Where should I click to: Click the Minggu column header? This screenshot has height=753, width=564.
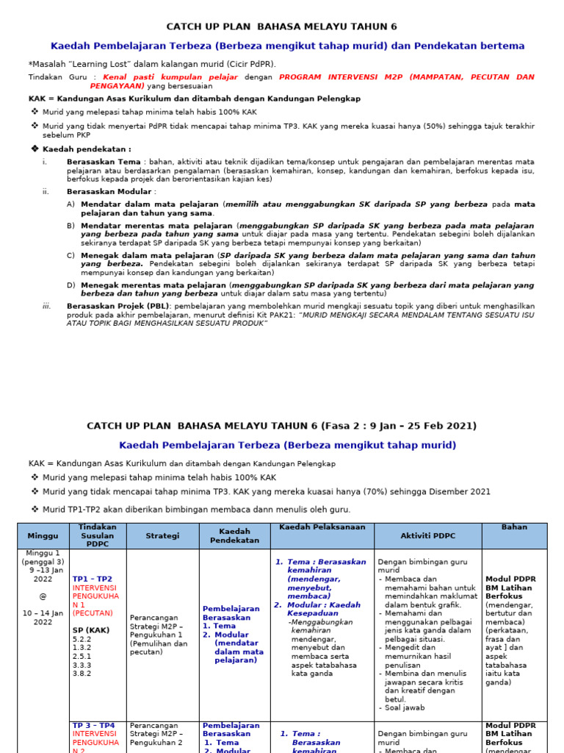coord(42,536)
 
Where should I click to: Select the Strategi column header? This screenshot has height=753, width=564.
coord(162,536)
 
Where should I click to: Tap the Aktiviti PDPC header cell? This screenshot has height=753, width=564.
coord(427,536)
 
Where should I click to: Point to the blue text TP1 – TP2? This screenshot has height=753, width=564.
coord(93,579)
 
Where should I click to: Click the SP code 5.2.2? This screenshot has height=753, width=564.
coord(82,639)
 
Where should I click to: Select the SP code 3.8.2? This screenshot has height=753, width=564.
coord(82,673)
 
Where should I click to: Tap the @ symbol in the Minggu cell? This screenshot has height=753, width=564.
coord(42,596)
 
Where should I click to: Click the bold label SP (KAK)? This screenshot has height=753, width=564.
coord(91,630)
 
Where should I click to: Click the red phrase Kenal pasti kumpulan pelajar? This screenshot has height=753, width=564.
coord(170,76)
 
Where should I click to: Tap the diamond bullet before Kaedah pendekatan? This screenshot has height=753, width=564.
coord(34,149)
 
